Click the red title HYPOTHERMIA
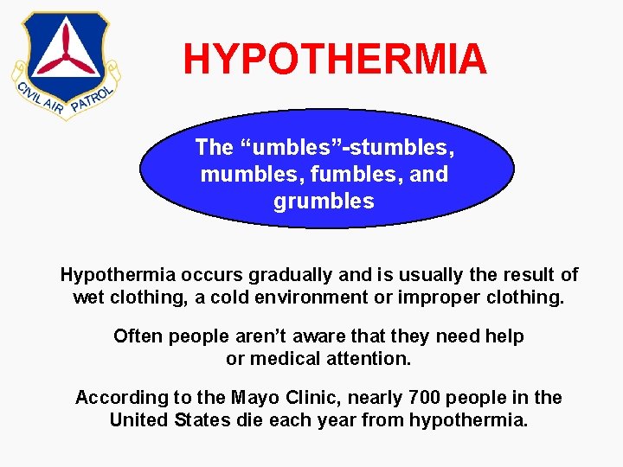(x=335, y=59)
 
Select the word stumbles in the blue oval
(x=407, y=148)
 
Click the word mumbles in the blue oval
(x=236, y=175)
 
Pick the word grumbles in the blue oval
(x=324, y=202)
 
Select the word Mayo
(x=253, y=398)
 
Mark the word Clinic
(x=307, y=398)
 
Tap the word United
(x=138, y=421)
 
